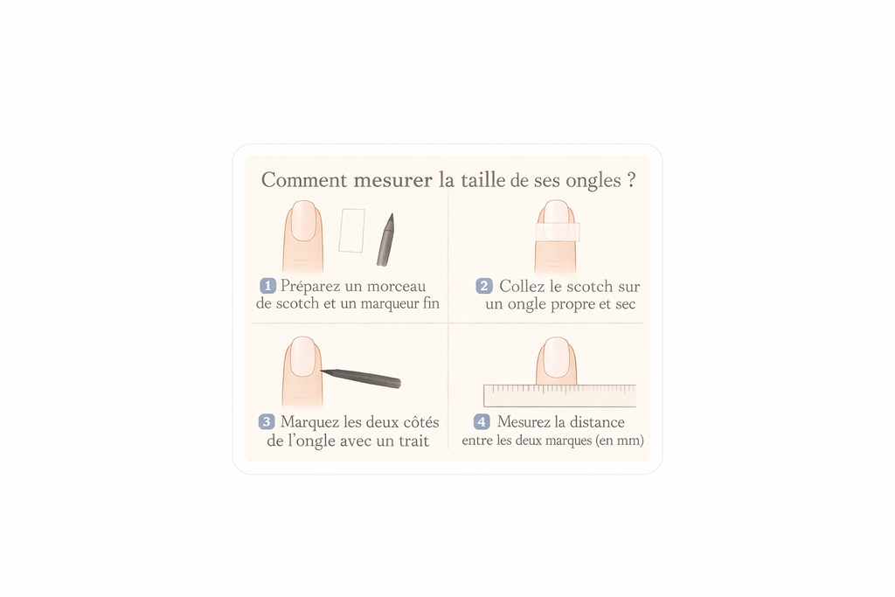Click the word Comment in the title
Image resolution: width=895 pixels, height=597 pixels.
pyautogui.click(x=304, y=180)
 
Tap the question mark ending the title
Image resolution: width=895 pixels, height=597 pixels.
pyautogui.click(x=631, y=180)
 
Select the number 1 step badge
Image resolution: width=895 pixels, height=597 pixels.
pyautogui.click(x=267, y=285)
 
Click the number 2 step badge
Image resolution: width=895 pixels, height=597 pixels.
pyautogui.click(x=484, y=286)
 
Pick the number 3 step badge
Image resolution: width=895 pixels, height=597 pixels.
pyautogui.click(x=267, y=422)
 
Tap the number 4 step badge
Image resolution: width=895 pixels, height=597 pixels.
pyautogui.click(x=482, y=422)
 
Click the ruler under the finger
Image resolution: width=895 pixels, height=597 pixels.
pyautogui.click(x=560, y=396)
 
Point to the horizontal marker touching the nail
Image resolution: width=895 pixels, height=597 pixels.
pyautogui.click(x=361, y=378)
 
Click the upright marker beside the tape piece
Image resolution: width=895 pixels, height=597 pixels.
pyautogui.click(x=385, y=239)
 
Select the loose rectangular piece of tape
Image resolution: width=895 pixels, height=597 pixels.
pyautogui.click(x=351, y=231)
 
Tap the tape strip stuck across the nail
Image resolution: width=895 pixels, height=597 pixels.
pyautogui.click(x=558, y=232)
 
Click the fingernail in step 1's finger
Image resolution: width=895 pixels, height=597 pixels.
pyautogui.click(x=303, y=220)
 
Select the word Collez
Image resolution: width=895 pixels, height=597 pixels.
pyautogui.click(x=521, y=286)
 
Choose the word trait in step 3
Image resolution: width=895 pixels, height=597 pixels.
pyautogui.click(x=414, y=441)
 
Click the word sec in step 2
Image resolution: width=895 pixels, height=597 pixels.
pyautogui.click(x=626, y=304)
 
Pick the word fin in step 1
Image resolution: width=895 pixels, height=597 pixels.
pyautogui.click(x=431, y=303)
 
